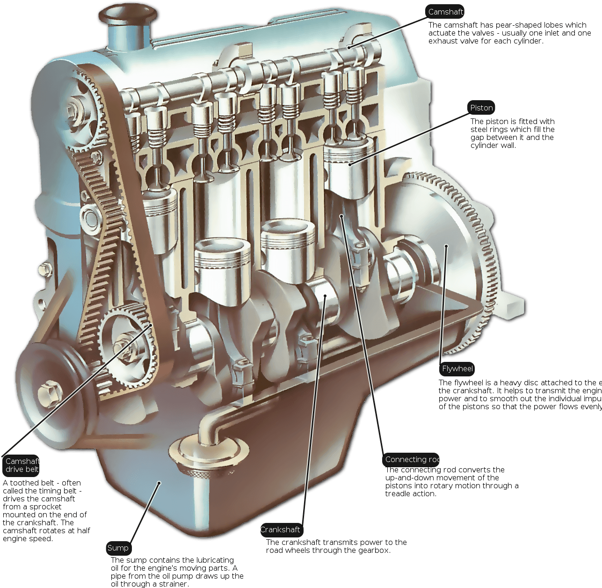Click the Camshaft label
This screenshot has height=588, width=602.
[x=445, y=12]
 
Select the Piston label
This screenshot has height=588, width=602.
[x=481, y=108]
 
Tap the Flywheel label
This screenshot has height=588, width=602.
[x=458, y=369]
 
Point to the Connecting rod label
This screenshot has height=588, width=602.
[x=412, y=460]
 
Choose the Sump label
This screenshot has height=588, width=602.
[x=118, y=548]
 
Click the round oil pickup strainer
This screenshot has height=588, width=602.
[x=210, y=454]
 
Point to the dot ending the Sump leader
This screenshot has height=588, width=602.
[x=159, y=482]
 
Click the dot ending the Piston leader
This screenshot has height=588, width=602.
[x=350, y=164]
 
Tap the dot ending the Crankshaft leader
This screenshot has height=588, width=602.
[x=325, y=296]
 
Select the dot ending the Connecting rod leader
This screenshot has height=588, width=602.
[x=342, y=216]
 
